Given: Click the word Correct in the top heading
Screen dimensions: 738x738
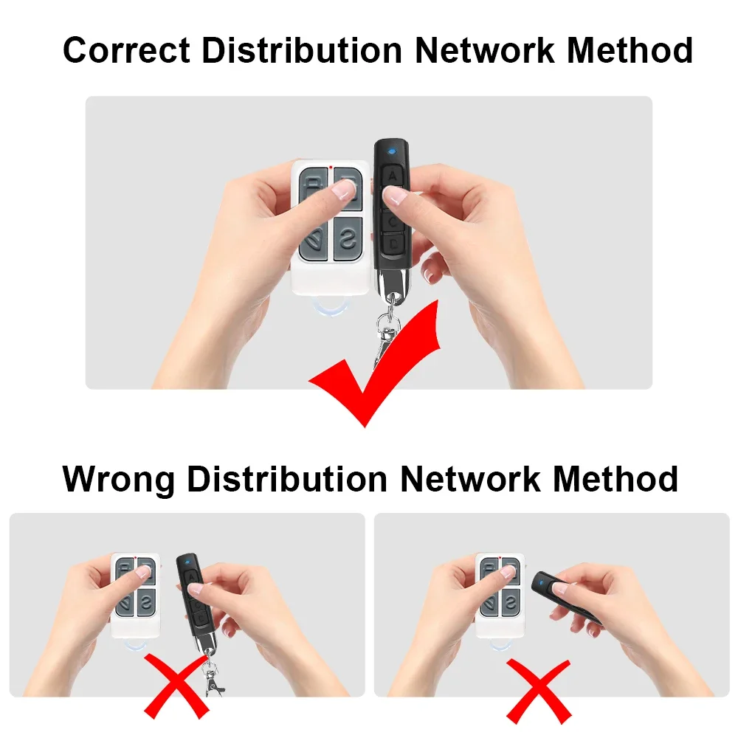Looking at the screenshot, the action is [127, 50].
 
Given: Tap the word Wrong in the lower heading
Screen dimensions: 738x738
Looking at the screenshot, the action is [118, 480].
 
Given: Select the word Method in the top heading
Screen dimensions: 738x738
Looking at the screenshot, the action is [630, 49].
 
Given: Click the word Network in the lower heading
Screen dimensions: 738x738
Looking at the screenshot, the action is [469, 479].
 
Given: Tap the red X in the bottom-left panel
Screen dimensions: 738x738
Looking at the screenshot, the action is [176, 686].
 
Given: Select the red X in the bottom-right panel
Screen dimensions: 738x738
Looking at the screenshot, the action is [539, 691].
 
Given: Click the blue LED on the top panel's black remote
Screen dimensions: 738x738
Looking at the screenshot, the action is [391, 151].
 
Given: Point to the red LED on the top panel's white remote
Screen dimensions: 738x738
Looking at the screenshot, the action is [331, 167].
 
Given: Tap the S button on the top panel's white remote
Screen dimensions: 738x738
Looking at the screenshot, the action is [348, 238].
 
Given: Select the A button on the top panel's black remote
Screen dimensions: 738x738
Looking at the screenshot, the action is [392, 176].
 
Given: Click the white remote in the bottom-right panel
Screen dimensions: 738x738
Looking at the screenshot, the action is [500, 596].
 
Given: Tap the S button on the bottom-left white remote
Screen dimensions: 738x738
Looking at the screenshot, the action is [147, 602].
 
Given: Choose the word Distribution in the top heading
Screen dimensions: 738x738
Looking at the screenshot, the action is [302, 49].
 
